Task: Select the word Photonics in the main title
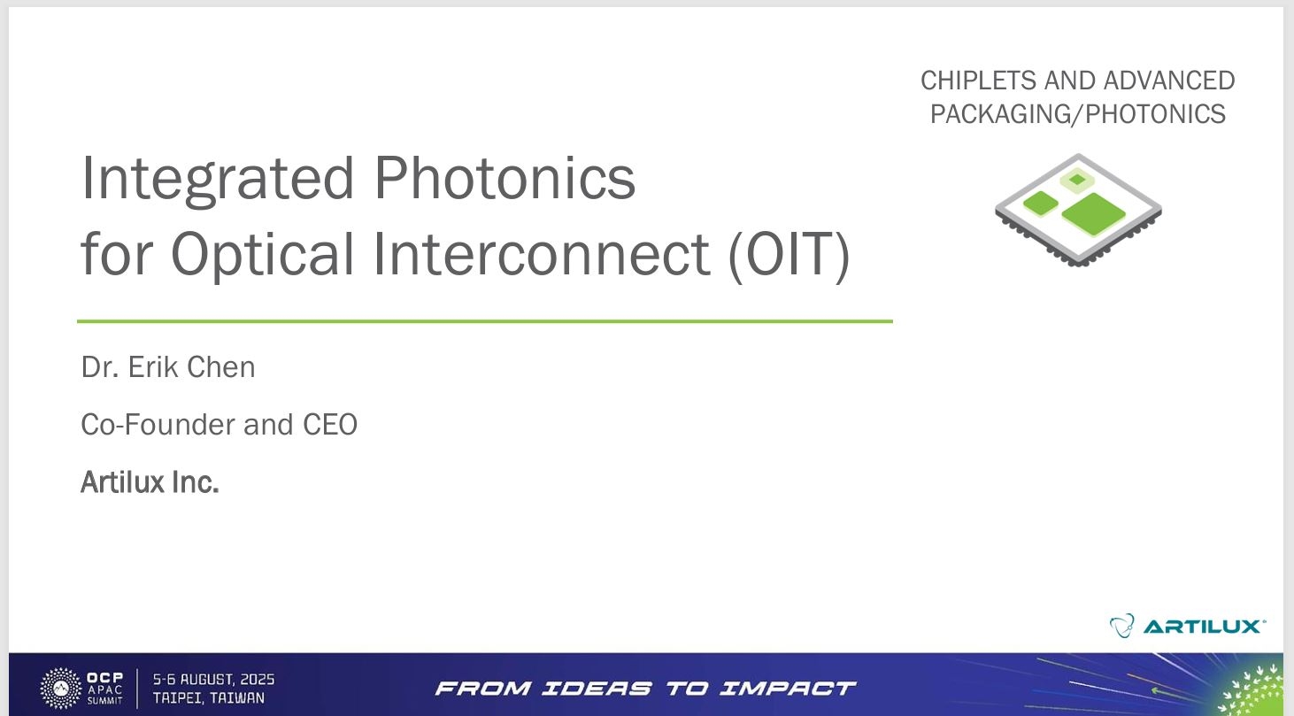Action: click(x=505, y=178)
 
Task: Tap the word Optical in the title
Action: click(x=262, y=255)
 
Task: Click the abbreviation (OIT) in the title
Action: click(x=789, y=255)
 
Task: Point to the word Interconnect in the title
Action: click(x=542, y=253)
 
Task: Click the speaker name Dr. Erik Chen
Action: click(x=168, y=366)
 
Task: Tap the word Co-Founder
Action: click(x=158, y=425)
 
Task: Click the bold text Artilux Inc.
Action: click(x=150, y=482)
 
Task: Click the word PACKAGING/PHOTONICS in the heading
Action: click(x=1078, y=114)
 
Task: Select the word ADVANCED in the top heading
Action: click(x=1169, y=81)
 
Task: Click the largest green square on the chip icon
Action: click(x=1094, y=214)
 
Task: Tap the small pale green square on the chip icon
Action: click(x=1077, y=181)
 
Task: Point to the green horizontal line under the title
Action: click(x=485, y=321)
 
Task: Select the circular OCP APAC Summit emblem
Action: click(x=61, y=689)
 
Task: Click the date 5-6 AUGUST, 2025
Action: click(x=213, y=680)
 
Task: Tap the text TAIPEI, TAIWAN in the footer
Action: click(x=209, y=698)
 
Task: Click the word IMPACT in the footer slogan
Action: click(x=788, y=689)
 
